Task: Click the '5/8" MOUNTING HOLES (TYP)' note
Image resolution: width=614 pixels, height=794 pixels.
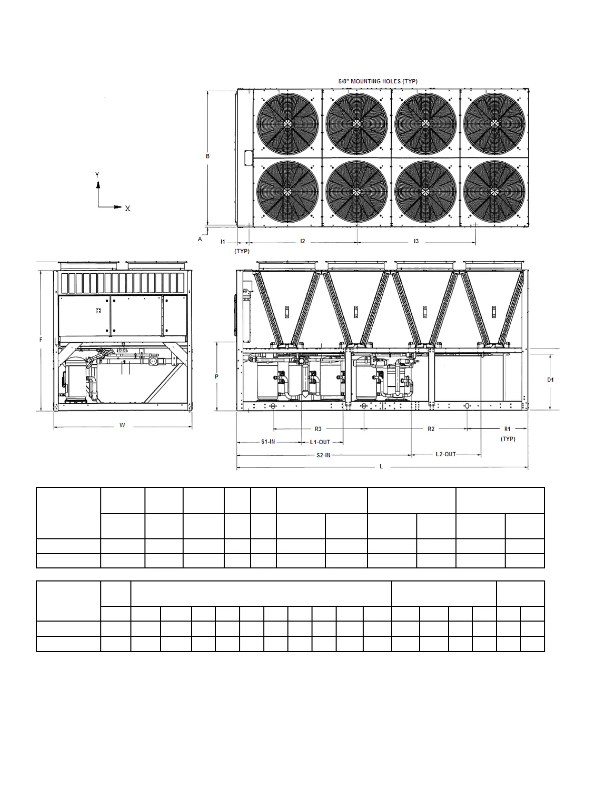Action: click(378, 81)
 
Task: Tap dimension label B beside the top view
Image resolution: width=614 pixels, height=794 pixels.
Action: click(208, 156)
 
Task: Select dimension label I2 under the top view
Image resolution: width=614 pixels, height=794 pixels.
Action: click(302, 242)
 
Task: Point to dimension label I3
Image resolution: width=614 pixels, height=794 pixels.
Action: click(416, 242)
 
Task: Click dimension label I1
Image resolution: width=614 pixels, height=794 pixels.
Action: click(223, 242)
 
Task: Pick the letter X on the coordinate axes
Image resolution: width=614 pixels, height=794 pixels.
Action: click(128, 209)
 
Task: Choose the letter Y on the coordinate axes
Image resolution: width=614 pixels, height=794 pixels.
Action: click(97, 175)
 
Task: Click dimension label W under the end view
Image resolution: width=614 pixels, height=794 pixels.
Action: click(122, 426)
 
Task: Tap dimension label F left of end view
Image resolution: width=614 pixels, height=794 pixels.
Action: click(41, 340)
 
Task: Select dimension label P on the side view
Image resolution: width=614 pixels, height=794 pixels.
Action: click(217, 376)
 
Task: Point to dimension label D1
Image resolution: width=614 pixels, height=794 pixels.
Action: click(550, 380)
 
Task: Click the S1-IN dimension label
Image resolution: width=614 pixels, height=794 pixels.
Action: click(268, 442)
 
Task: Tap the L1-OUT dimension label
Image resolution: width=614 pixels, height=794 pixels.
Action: click(320, 442)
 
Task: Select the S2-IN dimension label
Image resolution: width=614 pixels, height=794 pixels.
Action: click(323, 455)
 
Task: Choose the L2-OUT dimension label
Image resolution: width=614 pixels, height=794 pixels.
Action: click(445, 454)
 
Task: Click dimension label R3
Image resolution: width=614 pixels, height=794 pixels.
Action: click(318, 429)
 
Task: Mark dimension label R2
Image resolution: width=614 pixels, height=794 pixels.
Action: click(431, 429)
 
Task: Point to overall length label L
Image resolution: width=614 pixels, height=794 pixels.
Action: click(381, 467)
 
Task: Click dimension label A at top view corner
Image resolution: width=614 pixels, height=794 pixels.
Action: click(200, 239)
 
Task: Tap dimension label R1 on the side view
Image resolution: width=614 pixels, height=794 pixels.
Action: click(507, 429)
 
